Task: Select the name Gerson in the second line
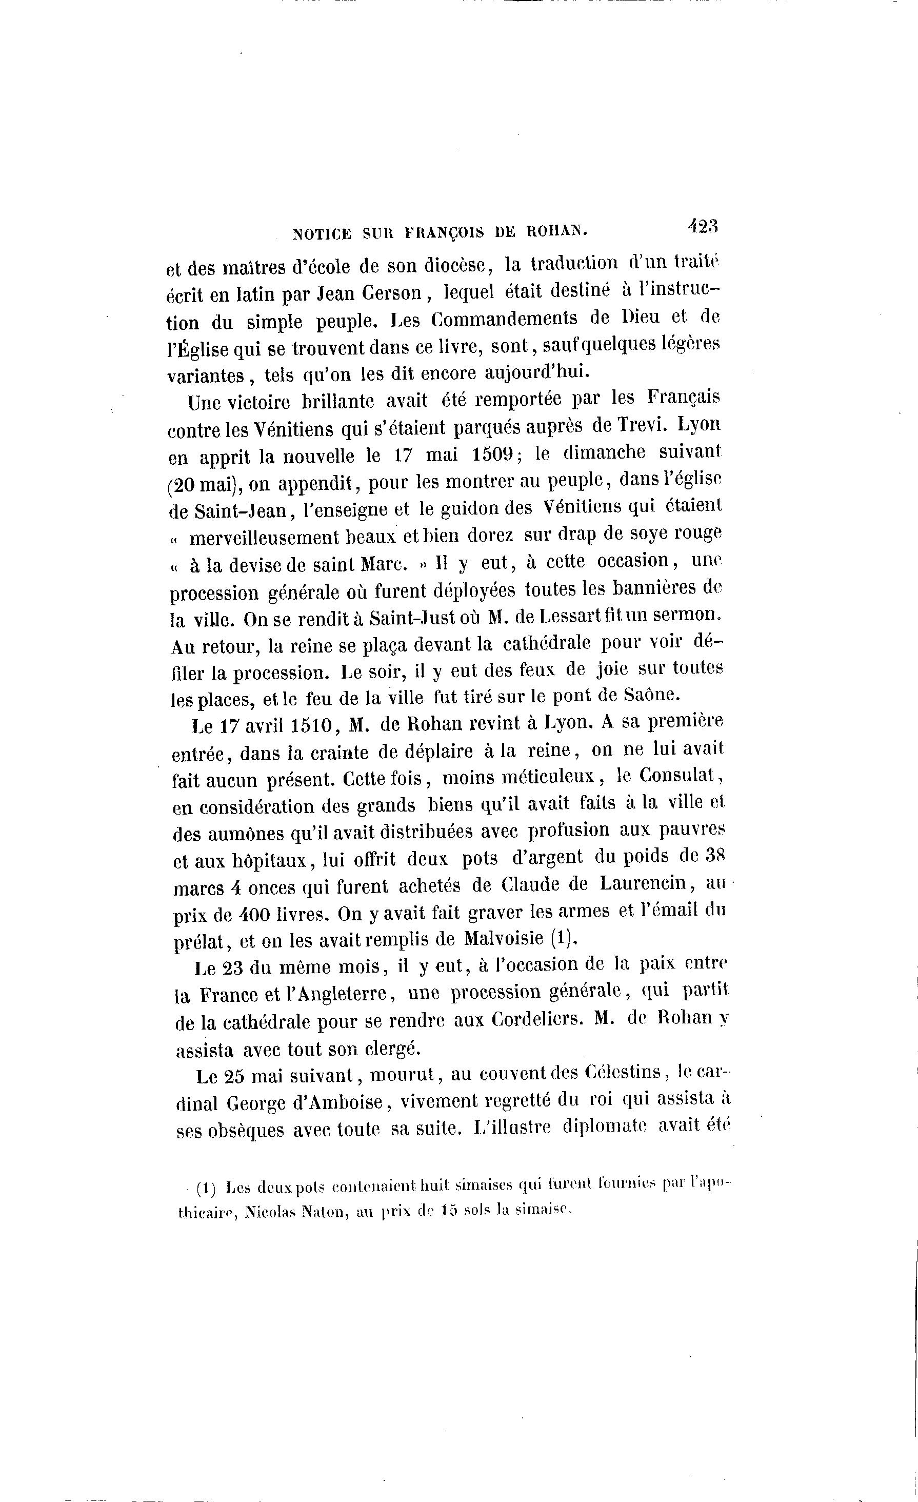(390, 293)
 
